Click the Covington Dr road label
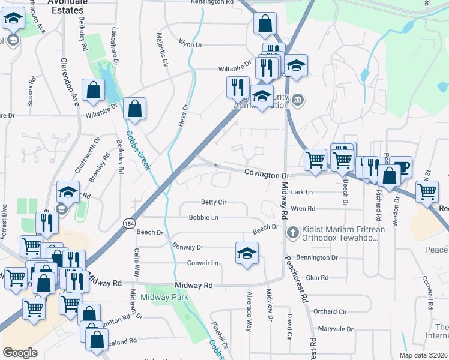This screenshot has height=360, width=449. point(267,174)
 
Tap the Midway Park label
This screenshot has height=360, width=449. point(164,297)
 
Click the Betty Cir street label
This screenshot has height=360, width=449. point(214,202)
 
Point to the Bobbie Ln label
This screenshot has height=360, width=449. point(203,217)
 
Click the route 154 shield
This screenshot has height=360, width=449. point(129,223)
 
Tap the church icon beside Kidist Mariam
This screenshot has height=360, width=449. point(292,232)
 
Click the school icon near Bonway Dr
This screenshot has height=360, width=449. point(247,253)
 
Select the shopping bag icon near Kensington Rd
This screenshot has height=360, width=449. point(265,24)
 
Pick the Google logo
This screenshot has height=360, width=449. point(20,353)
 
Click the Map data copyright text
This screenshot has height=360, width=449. point(423,355)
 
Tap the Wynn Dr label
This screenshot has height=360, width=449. point(191,44)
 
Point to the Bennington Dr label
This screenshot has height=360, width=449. point(318,257)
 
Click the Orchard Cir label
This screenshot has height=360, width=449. point(330,311)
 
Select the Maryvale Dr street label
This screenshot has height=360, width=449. point(335,329)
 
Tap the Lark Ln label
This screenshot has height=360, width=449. point(302,192)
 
